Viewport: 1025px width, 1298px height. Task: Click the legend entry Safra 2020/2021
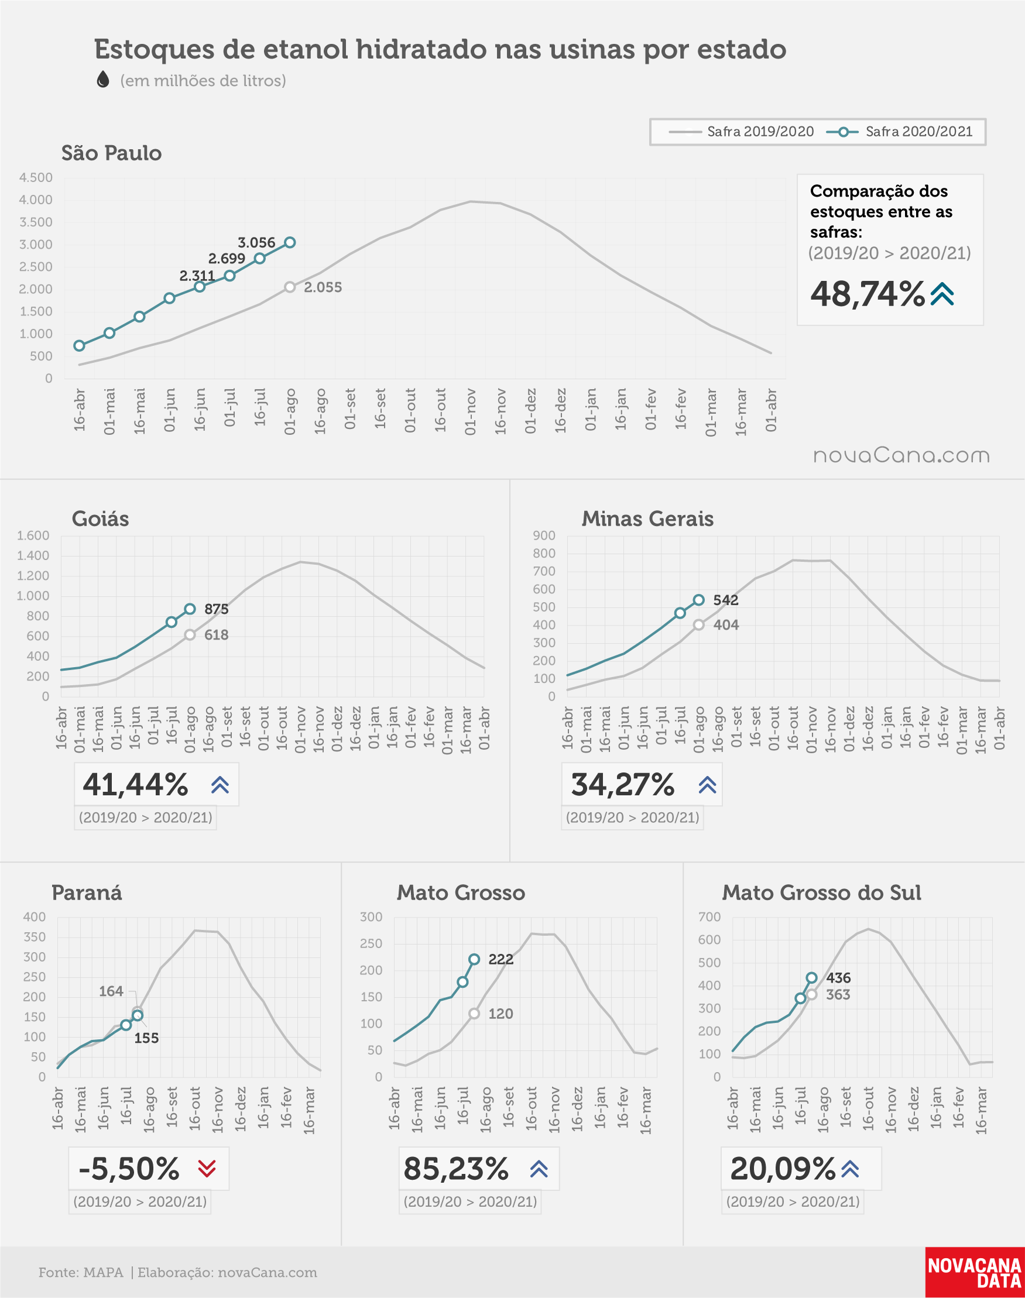[899, 132]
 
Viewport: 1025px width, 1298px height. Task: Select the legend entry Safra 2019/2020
[741, 132]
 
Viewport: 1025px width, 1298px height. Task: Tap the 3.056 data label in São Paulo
[256, 243]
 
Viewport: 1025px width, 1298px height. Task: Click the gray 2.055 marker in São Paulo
[290, 287]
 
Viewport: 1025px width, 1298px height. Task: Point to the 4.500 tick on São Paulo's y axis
[36, 177]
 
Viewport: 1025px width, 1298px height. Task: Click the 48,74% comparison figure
[868, 294]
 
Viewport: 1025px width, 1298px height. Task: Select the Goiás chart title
[100, 518]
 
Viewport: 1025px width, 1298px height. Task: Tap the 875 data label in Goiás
[217, 609]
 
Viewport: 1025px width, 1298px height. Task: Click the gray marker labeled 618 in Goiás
[190, 635]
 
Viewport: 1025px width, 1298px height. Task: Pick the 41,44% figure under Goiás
[136, 785]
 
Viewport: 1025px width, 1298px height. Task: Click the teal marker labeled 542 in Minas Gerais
[698, 600]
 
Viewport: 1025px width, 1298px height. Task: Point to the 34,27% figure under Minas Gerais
[623, 785]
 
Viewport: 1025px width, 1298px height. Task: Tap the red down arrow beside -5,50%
[207, 1169]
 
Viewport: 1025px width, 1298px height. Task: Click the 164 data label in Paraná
[111, 991]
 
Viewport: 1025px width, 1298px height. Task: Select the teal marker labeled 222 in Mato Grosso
[474, 959]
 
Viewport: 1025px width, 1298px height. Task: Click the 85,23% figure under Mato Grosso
[456, 1169]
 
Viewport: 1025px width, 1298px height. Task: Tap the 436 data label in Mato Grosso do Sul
[838, 978]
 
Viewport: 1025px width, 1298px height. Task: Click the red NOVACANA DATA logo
[975, 1272]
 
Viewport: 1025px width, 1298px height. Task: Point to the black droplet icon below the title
[103, 79]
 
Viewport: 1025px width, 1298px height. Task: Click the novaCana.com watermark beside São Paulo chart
[901, 456]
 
